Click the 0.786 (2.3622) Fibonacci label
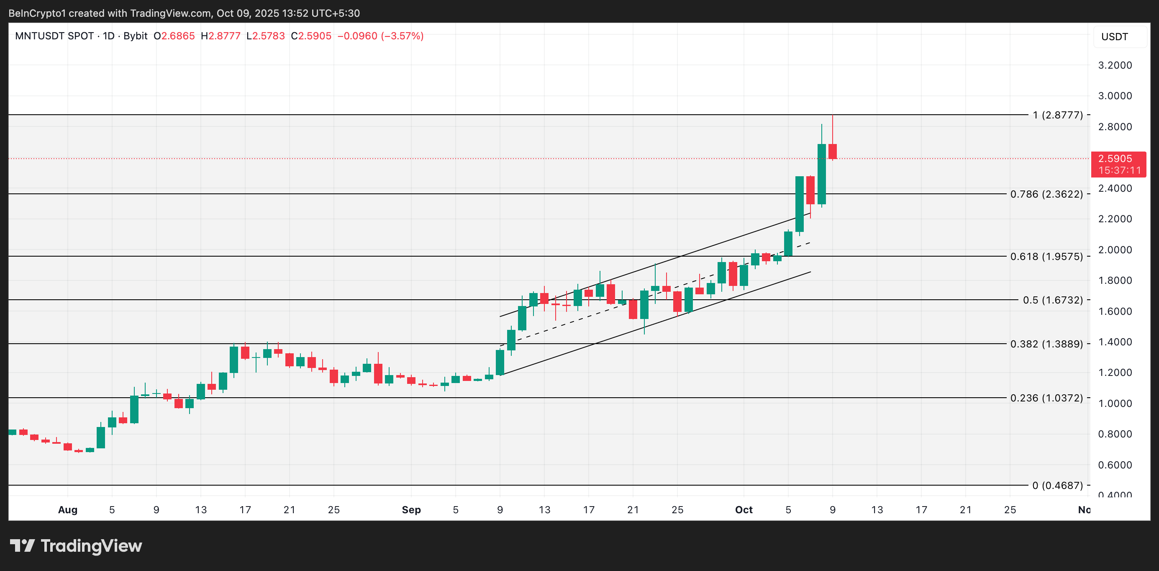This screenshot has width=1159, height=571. coord(1046,194)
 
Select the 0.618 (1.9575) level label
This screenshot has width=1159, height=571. coord(1046,257)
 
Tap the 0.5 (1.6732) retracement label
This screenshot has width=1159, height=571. coord(1053,300)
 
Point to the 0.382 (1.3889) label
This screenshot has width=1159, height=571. coord(1046,344)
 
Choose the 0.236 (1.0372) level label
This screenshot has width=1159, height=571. coord(1046,398)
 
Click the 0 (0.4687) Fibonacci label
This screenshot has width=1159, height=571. coord(1057,486)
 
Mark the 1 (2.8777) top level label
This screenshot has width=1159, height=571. coord(1058,115)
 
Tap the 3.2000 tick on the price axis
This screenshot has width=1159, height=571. coord(1115,65)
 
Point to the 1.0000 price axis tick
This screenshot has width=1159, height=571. coord(1115,404)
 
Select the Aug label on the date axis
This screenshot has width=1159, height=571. coord(68,510)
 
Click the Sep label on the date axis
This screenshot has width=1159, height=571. coord(411,510)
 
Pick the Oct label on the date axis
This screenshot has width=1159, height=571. coord(744,510)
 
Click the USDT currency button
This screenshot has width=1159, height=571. coord(1115,37)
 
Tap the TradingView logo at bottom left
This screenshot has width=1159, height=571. coord(76,546)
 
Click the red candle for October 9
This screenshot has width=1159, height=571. coord(832,151)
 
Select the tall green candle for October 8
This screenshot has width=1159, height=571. coord(822,174)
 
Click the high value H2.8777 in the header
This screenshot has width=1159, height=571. coord(221,36)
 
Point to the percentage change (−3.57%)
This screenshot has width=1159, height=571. coord(402,36)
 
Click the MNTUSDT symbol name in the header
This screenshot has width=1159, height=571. coord(54,36)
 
